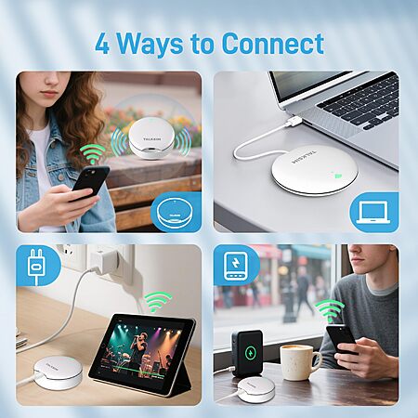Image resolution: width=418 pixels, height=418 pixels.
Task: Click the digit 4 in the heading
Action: click(x=102, y=44)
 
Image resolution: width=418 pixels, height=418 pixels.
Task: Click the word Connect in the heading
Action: click(x=273, y=44)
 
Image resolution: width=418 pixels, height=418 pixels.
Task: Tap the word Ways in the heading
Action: click(x=150, y=45)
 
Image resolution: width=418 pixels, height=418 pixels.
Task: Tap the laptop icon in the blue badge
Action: click(x=373, y=213)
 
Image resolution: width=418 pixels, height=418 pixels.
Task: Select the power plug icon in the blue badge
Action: click(x=35, y=266)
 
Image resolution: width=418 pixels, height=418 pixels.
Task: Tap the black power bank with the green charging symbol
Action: click(x=247, y=353)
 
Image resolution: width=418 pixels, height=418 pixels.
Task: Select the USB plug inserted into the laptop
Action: click(x=292, y=123)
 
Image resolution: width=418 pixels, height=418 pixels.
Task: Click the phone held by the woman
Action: click(x=90, y=182)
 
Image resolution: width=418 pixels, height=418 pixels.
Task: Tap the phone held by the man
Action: click(x=341, y=339)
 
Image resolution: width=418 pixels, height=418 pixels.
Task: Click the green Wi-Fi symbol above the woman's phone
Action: click(x=93, y=153)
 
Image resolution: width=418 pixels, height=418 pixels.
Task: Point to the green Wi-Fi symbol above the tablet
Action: click(x=157, y=302)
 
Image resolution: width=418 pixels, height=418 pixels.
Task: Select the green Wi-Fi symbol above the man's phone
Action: click(x=330, y=310)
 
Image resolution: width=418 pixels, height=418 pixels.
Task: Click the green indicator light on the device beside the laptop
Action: click(x=338, y=176)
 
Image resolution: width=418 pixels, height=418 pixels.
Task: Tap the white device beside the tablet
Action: click(x=58, y=372)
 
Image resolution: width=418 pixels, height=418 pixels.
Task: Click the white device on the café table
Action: click(x=255, y=389)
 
